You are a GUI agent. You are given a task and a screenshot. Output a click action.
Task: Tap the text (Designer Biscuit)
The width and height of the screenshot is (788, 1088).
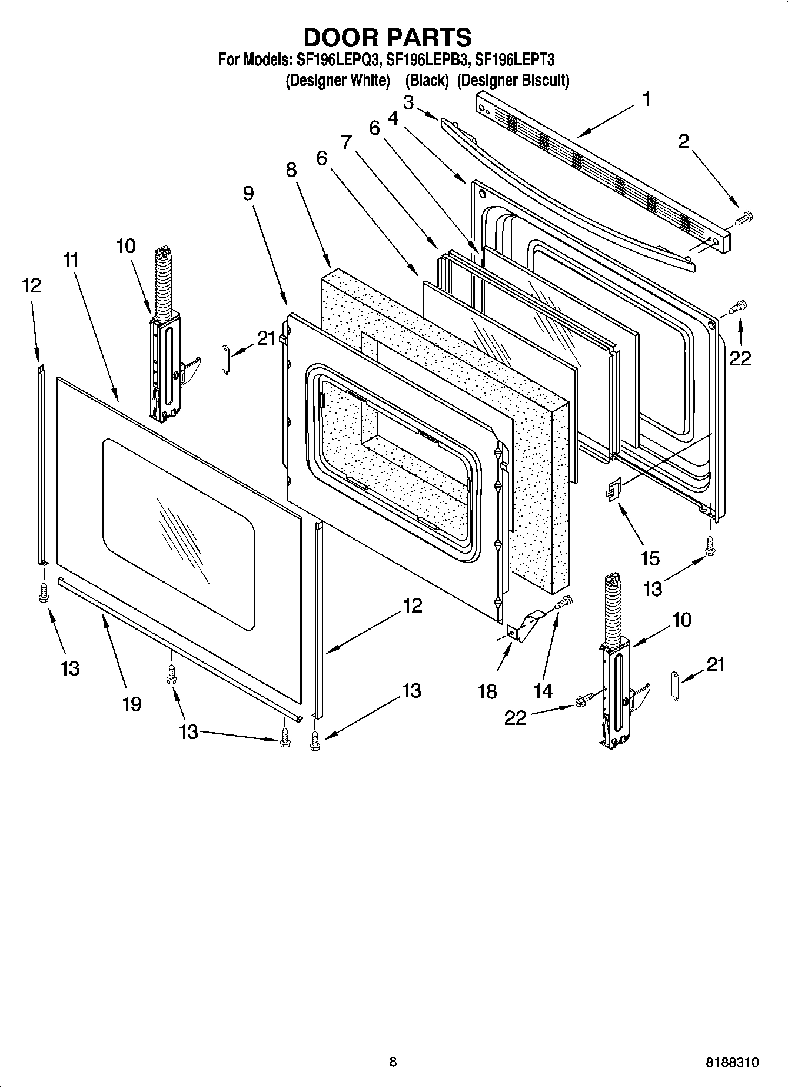pos(513,80)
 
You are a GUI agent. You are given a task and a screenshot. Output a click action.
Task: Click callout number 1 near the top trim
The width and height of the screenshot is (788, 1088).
pos(646,99)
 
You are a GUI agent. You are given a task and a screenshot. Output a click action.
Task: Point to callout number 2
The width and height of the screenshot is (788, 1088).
pos(683,142)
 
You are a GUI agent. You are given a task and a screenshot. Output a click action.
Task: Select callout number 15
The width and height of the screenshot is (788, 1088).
pos(650,558)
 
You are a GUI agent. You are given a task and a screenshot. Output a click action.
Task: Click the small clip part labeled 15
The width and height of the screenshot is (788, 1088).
pos(614,488)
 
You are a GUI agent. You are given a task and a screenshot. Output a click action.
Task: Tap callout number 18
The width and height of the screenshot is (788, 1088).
pos(487,691)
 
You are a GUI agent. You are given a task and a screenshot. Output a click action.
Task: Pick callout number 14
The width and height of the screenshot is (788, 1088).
pos(543,691)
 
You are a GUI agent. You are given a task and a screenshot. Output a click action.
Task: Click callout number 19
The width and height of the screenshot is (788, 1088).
pos(132,703)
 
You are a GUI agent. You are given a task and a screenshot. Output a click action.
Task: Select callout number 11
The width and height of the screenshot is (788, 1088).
pos(71,260)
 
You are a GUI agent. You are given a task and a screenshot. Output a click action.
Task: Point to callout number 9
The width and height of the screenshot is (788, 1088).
pos(248,193)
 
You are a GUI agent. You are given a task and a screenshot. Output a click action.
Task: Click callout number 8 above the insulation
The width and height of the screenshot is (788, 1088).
pos(291,170)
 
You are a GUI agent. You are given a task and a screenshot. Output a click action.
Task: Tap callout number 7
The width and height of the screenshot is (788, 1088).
pos(346,142)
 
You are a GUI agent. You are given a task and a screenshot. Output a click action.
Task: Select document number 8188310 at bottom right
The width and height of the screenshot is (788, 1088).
pos(732,1063)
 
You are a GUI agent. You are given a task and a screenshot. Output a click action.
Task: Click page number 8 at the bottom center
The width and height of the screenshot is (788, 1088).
pos(393,1062)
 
